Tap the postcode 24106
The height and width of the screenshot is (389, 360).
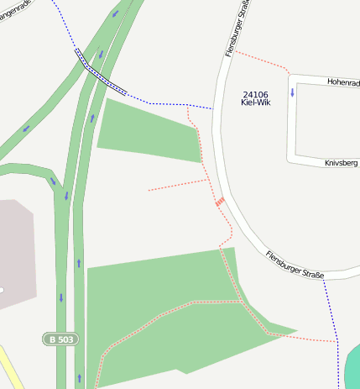[x=255, y=94]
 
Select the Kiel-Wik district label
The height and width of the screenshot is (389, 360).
[x=255, y=103]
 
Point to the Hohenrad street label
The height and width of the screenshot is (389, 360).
[x=342, y=82]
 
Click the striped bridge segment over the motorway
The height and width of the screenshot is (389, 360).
[x=101, y=71]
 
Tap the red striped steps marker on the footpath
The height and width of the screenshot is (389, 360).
[x=219, y=201]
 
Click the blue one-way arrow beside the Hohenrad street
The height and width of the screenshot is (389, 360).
[x=292, y=92]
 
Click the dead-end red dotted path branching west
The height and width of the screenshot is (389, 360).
[x=172, y=186]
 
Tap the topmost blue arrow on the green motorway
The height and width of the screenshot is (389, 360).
[x=114, y=13]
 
